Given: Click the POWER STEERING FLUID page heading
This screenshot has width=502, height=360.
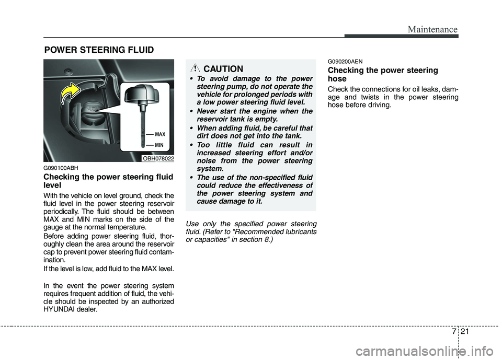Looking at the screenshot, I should point(99,50).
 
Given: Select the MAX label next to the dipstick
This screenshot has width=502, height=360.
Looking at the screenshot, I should point(160,134).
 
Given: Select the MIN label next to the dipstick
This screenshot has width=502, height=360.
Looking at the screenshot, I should point(159,145).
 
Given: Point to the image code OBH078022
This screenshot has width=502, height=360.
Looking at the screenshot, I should point(158,158).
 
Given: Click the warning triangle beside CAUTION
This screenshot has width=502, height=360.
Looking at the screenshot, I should point(195,68).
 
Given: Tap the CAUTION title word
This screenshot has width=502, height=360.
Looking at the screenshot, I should point(223,69).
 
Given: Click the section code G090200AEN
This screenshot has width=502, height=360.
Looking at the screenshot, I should point(346,61).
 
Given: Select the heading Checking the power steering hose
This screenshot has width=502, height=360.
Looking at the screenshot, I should point(382,74).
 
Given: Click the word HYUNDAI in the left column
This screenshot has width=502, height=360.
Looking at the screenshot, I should point(62,309).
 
